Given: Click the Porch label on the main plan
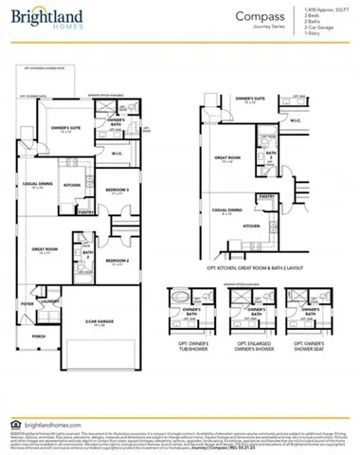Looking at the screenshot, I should point(39,336).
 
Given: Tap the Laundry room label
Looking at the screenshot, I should point(49,301).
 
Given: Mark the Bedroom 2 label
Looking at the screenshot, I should point(117,260).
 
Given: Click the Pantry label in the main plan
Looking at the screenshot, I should point(83,212).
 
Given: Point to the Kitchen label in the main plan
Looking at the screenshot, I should point(70,185).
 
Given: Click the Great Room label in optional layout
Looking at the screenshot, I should point(225,159).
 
